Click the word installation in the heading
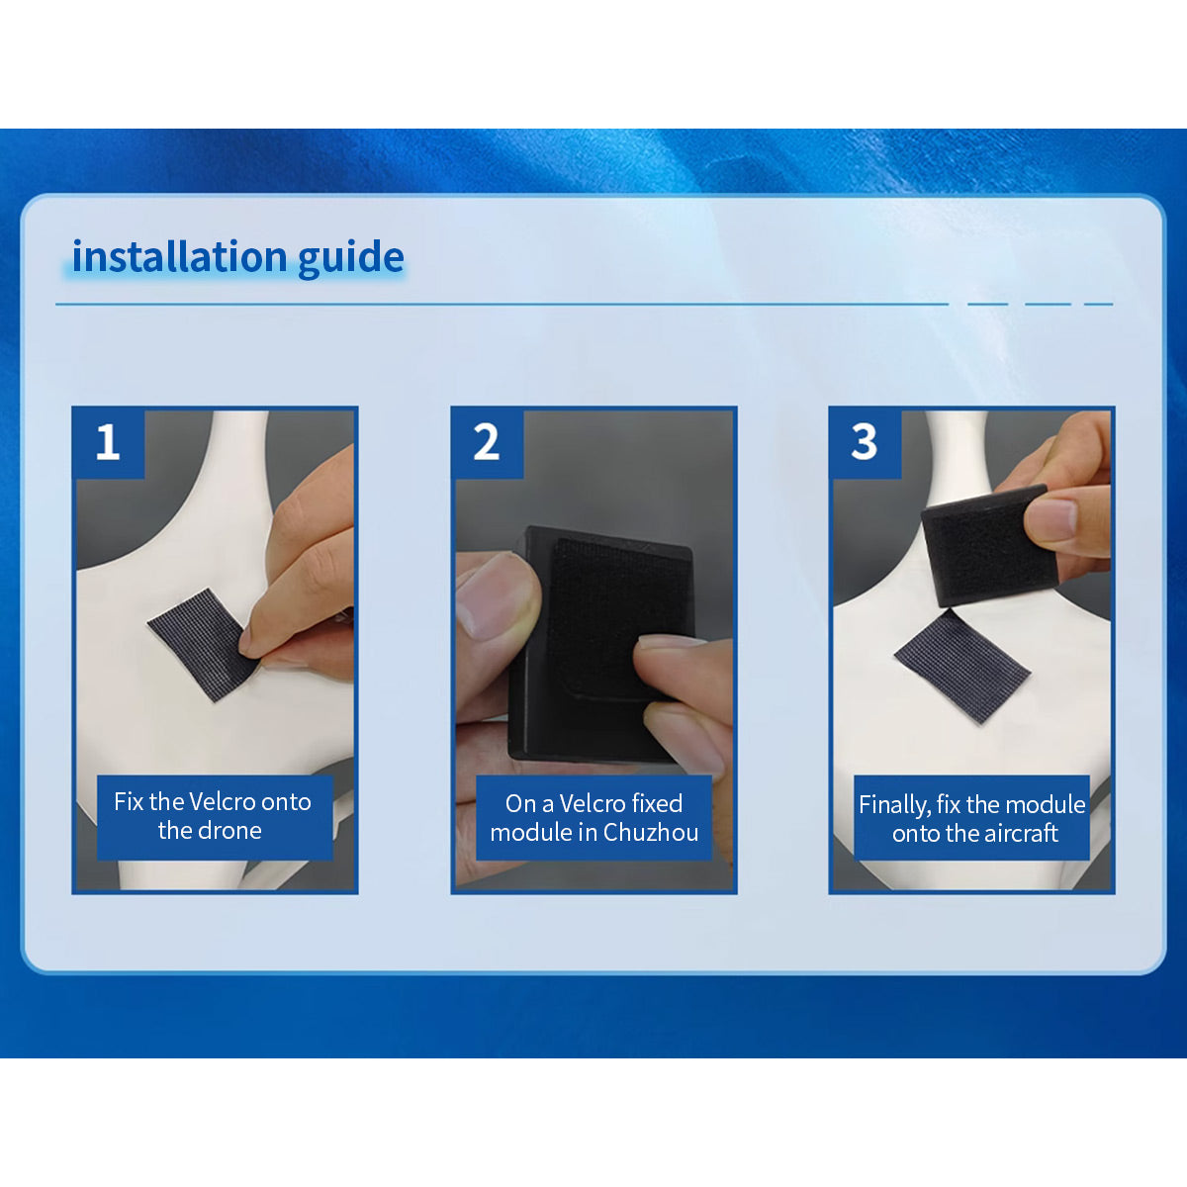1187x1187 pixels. pyautogui.click(x=180, y=255)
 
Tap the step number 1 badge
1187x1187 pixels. pyautogui.click(x=109, y=442)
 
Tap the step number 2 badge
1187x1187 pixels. pyautogui.click(x=487, y=442)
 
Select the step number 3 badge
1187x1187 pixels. pyautogui.click(x=865, y=442)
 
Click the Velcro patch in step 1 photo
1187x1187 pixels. pyautogui.click(x=204, y=644)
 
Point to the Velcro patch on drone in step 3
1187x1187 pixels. pyautogui.click(x=961, y=667)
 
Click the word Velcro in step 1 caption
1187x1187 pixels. pyautogui.click(x=222, y=801)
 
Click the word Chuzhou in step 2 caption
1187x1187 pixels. pyautogui.click(x=651, y=832)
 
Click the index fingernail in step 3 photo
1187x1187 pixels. pyautogui.click(x=1051, y=518)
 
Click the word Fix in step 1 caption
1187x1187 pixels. pyautogui.click(x=129, y=801)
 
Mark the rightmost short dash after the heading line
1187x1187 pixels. pyautogui.click(x=1098, y=305)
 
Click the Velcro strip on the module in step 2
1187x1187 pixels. pyautogui.click(x=617, y=619)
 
